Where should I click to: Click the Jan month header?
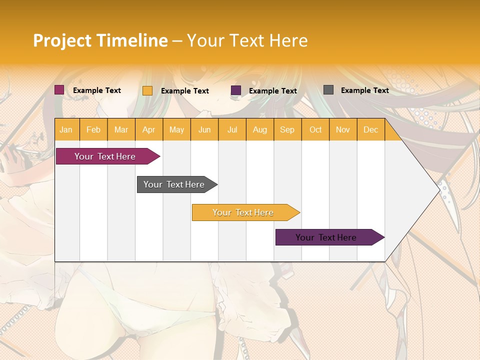click(x=66, y=130)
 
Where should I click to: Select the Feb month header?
click(x=93, y=130)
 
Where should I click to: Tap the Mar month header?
click(x=121, y=130)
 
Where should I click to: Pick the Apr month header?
click(x=149, y=130)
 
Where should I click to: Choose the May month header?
click(x=176, y=130)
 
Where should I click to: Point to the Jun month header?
click(x=204, y=130)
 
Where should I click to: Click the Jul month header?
click(x=232, y=130)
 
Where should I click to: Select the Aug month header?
click(x=260, y=130)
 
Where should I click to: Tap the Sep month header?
click(x=287, y=130)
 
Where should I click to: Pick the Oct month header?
click(x=315, y=130)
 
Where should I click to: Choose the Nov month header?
click(x=343, y=130)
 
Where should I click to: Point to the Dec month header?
click(x=371, y=130)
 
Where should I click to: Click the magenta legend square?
click(x=59, y=90)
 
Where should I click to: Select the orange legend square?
click(x=147, y=90)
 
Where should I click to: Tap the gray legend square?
click(x=328, y=90)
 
